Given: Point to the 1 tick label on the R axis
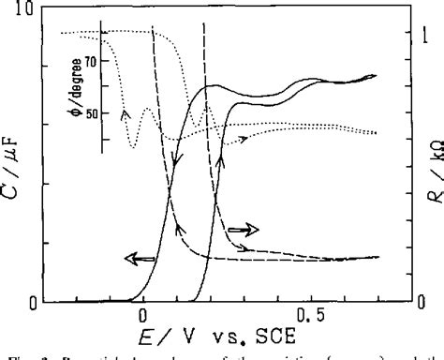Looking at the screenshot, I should click(x=407, y=34).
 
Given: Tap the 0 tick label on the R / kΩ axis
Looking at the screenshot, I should click(x=406, y=302).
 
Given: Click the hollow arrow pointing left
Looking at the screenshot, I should click(x=141, y=257).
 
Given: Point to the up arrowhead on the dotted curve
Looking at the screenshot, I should click(x=123, y=112).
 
